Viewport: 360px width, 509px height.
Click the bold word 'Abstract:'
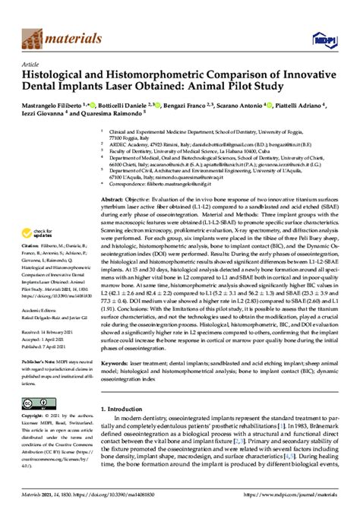[x=116, y=197]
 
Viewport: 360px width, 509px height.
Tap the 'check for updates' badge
[x=43, y=232]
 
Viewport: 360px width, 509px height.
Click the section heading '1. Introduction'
[x=128, y=408]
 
